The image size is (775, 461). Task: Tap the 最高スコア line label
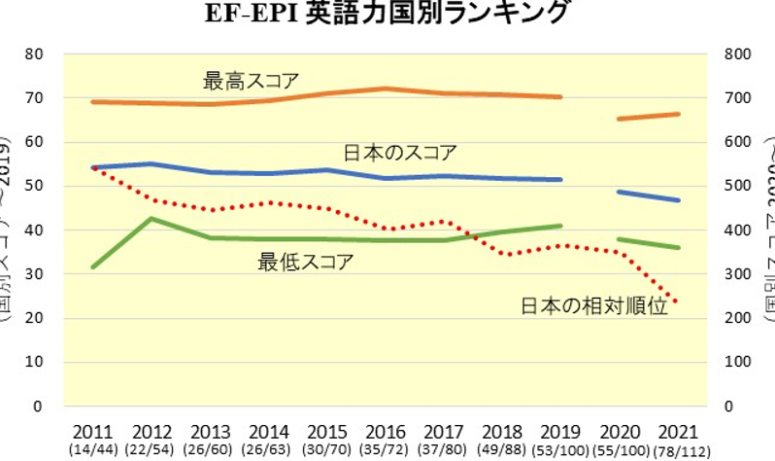251,80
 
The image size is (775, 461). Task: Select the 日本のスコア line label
400,153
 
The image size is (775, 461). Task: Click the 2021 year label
678,431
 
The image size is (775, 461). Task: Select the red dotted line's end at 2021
677,302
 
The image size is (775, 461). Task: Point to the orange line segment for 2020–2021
649,117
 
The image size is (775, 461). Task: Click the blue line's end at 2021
678,200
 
